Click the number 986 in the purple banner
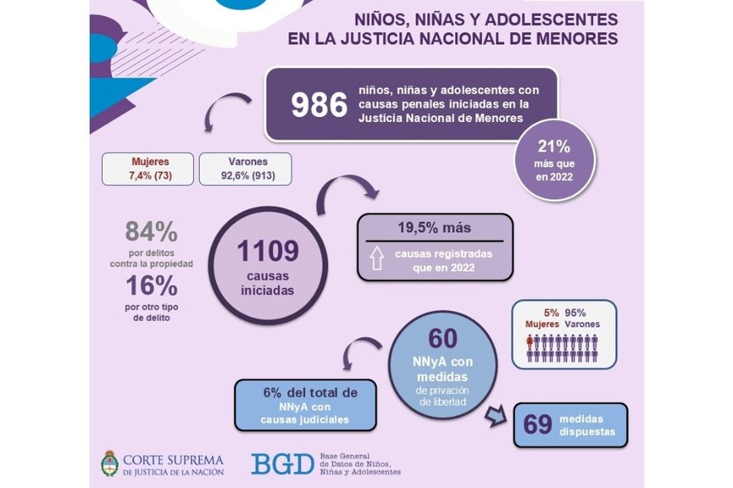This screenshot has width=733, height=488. click(x=319, y=105)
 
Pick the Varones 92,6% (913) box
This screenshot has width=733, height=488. click(x=246, y=168)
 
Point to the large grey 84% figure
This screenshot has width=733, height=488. click(x=151, y=232)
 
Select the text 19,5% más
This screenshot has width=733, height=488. click(x=436, y=228)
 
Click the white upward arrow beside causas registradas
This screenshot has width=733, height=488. click(x=377, y=259)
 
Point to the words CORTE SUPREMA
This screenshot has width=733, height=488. click(x=173, y=459)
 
